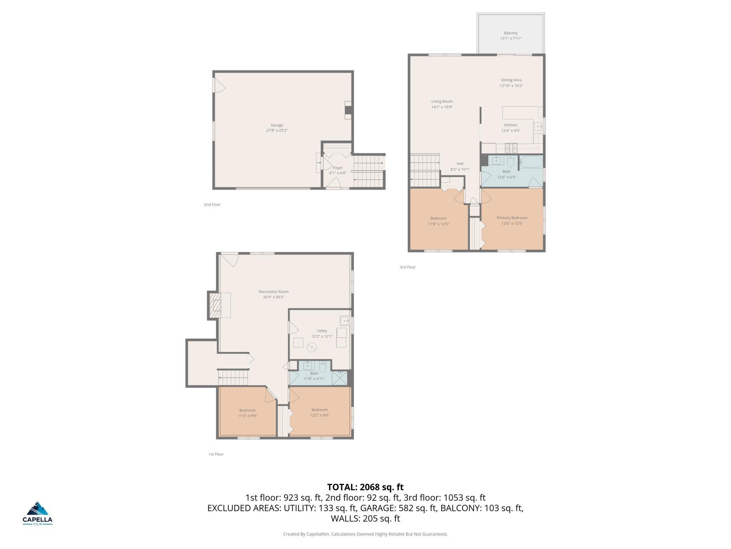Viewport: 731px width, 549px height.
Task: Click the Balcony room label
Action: [x=511, y=33]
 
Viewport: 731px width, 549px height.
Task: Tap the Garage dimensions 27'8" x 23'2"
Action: [x=277, y=131]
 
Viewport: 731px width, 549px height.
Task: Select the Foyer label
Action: [x=338, y=168]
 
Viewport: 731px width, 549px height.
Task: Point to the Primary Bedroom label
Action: [x=512, y=218]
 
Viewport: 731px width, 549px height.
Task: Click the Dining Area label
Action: [x=511, y=80]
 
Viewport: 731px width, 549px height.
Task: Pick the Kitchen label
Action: [x=511, y=125]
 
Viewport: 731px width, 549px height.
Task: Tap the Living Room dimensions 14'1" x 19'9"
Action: [x=442, y=107]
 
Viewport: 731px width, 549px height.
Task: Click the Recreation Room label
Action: [x=274, y=292]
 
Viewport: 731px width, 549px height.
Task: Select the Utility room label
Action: [x=322, y=331]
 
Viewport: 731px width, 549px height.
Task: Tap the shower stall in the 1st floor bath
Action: [x=339, y=378]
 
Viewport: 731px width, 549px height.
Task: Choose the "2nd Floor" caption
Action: [x=212, y=205]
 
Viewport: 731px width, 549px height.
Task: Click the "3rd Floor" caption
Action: [x=408, y=267]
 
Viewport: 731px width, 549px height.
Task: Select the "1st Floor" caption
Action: [x=216, y=454]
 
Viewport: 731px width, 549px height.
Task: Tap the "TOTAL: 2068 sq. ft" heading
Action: [x=365, y=487]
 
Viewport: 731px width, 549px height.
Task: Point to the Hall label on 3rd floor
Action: [x=460, y=164]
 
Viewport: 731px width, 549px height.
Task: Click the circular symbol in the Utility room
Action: [x=312, y=348]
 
